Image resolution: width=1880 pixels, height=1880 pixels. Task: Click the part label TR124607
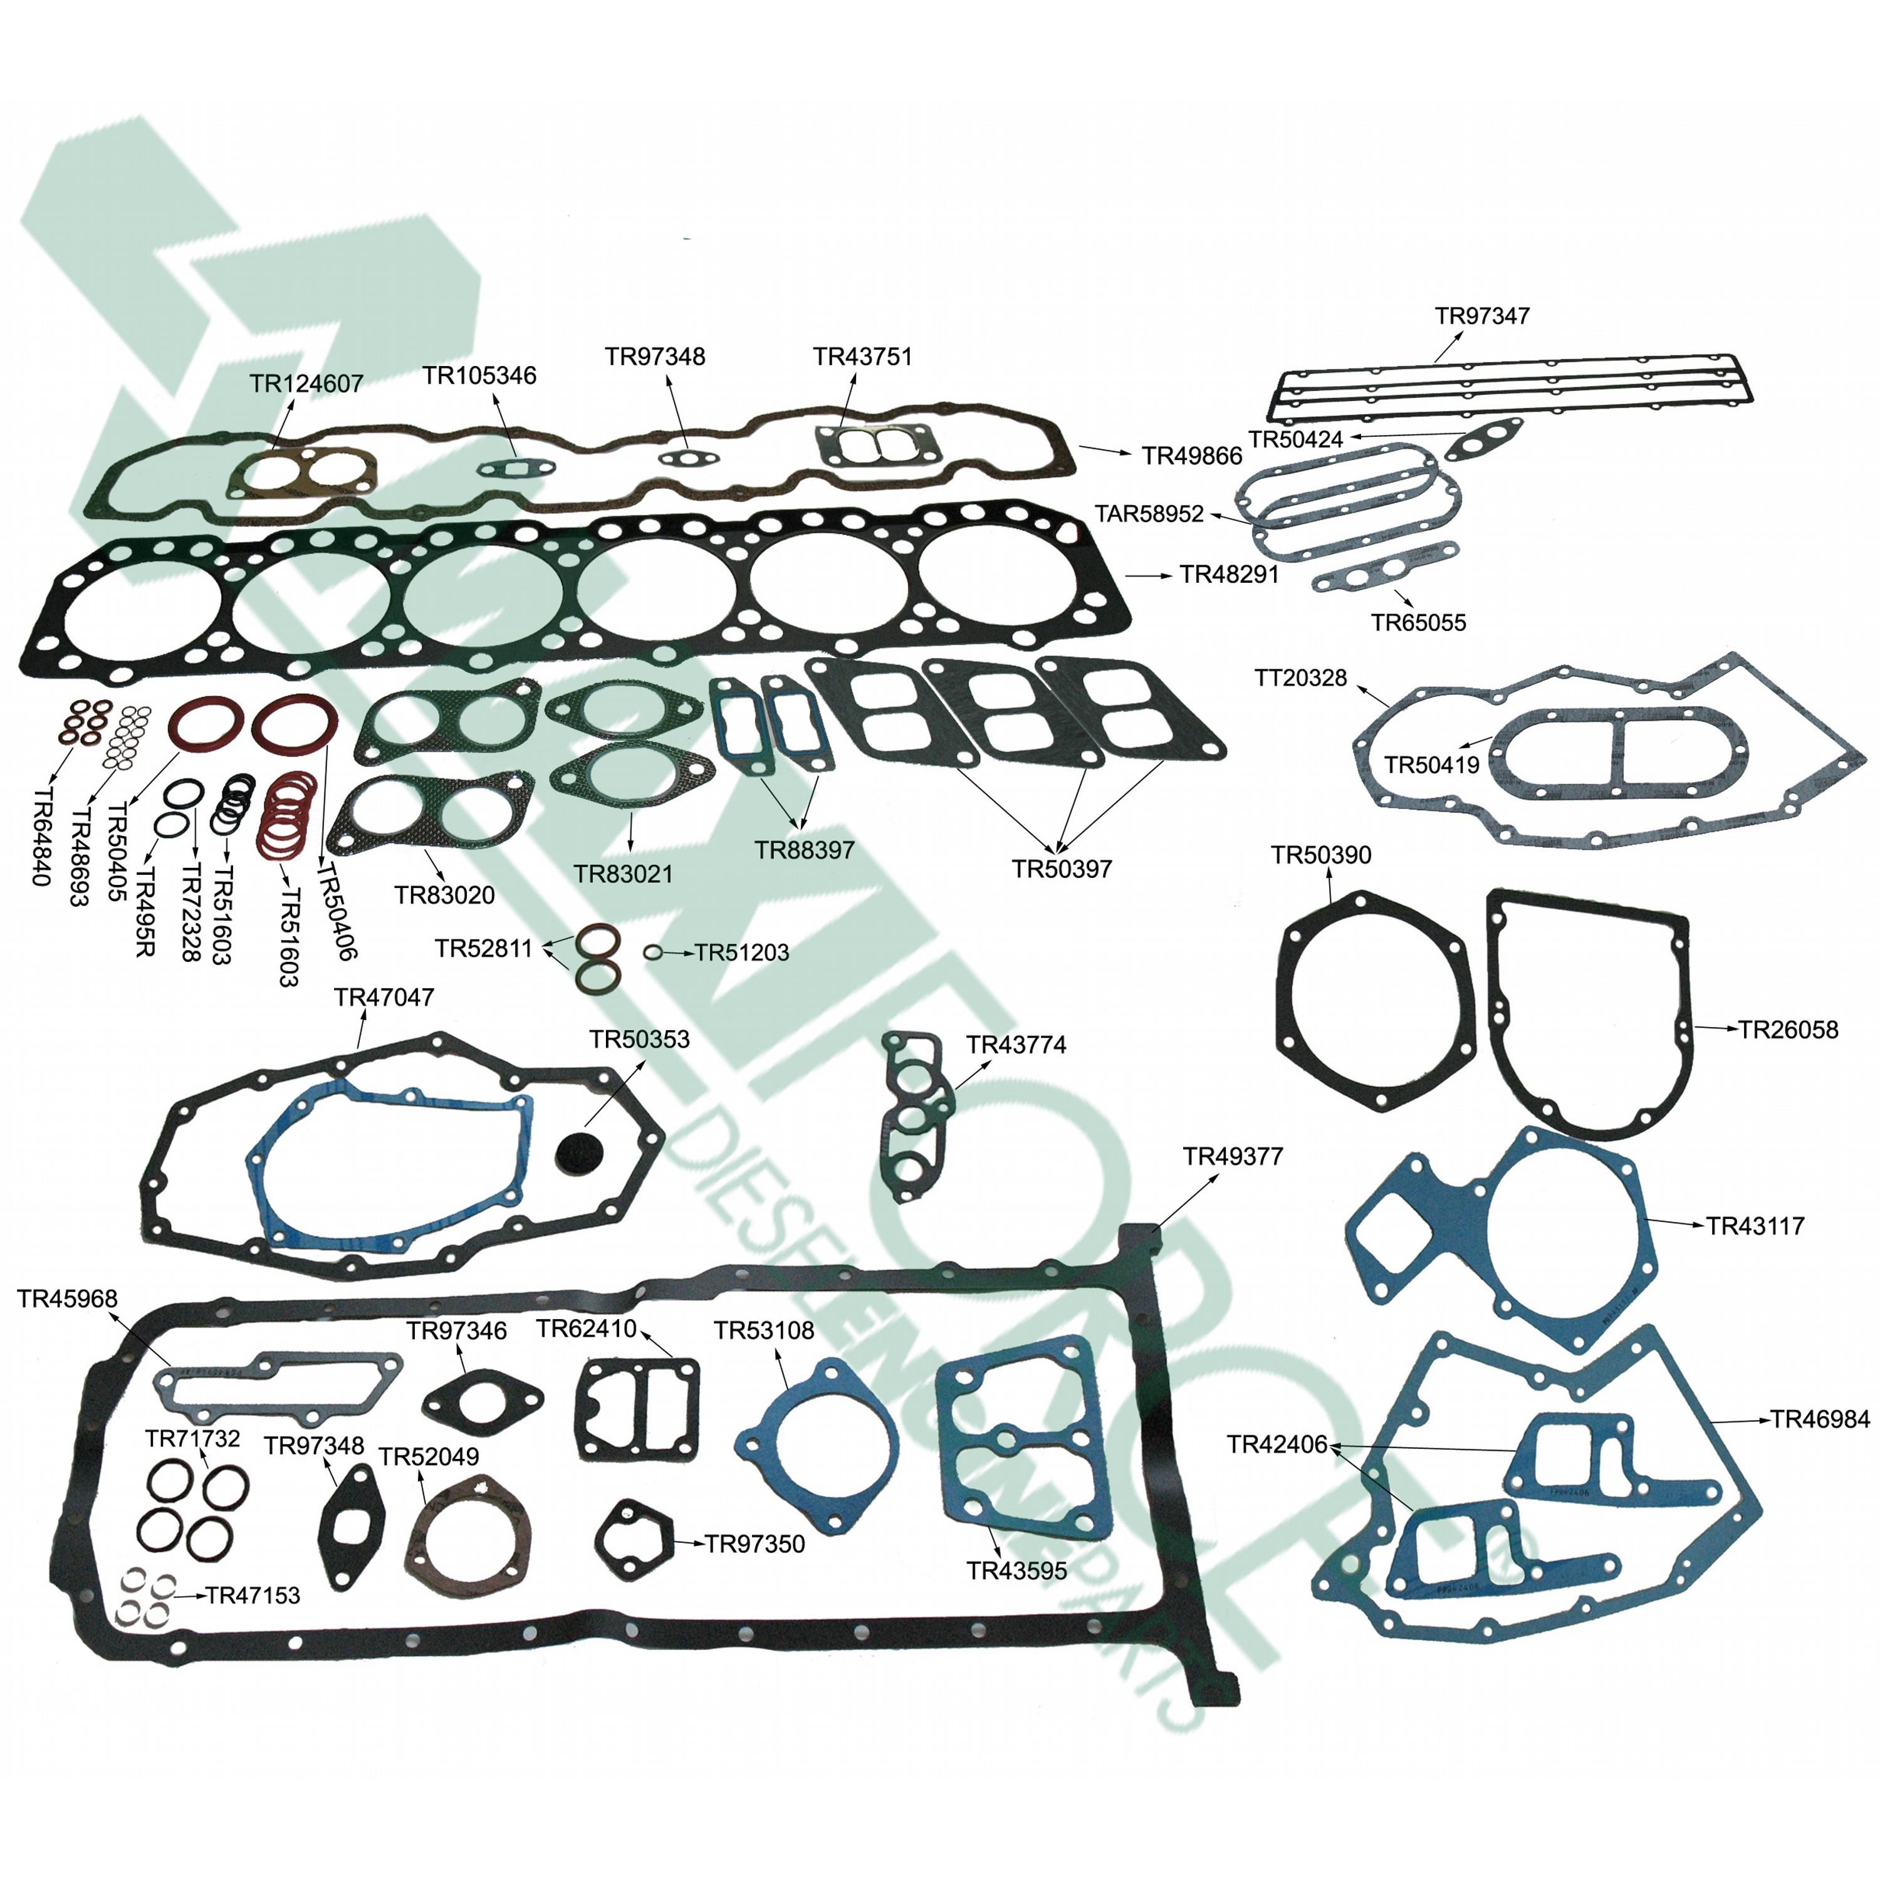[306, 384]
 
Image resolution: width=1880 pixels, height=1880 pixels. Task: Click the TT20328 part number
[1301, 677]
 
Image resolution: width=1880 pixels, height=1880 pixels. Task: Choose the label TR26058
[1789, 1030]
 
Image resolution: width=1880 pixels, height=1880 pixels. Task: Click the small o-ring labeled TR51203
[654, 953]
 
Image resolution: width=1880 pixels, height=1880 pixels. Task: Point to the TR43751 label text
[863, 357]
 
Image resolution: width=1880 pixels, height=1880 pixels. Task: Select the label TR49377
[1233, 1156]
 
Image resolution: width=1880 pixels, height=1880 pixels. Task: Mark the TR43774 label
[1016, 1045]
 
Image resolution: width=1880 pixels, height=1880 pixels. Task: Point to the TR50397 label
[1062, 869]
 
